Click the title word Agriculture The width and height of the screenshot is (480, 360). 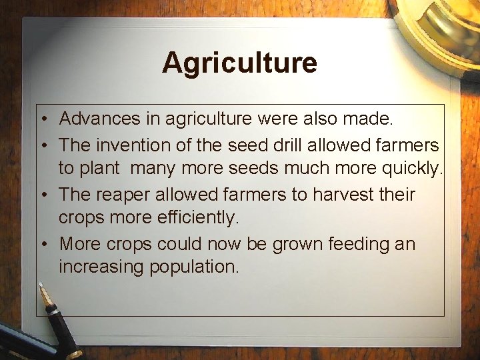[239, 63]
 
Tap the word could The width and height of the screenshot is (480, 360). [181, 244]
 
